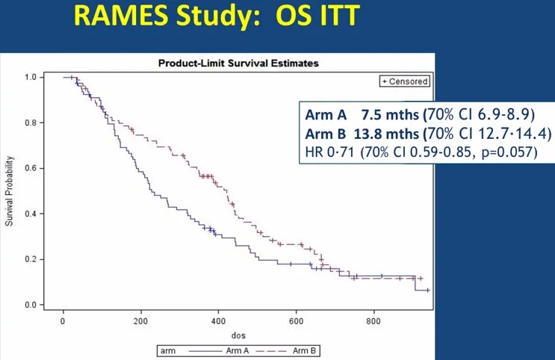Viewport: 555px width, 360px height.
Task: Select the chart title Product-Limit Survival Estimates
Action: pyautogui.click(x=238, y=63)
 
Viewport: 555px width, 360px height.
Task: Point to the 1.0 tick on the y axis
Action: pyautogui.click(x=30, y=77)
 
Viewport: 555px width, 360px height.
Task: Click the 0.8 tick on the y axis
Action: pyautogui.click(x=30, y=122)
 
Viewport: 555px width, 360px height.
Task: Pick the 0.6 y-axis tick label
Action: pyautogui.click(x=30, y=168)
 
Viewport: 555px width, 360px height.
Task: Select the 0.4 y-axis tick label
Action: pyautogui.click(x=30, y=214)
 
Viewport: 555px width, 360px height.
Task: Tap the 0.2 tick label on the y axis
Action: pyautogui.click(x=30, y=259)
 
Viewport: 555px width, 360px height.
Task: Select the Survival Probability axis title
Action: pyautogui.click(x=10, y=191)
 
